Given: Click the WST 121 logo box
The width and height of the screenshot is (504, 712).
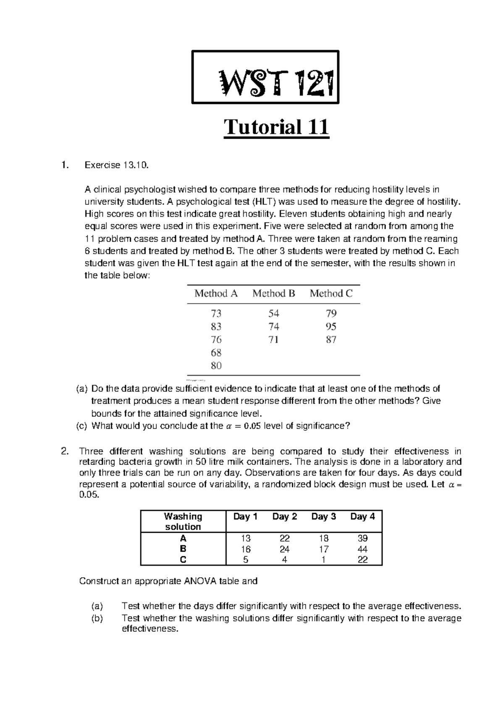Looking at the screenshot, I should tap(265, 77).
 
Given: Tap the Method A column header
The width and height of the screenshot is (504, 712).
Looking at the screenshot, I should tap(216, 293).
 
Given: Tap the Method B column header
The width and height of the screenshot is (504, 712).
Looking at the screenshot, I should tap(273, 293).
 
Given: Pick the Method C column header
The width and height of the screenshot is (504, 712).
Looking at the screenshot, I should tap(331, 293).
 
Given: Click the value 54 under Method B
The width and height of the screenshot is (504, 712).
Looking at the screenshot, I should tap(274, 314).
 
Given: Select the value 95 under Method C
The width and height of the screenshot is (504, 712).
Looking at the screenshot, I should tap(331, 327).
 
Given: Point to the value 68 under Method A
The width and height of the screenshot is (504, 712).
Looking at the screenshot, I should tap(216, 353).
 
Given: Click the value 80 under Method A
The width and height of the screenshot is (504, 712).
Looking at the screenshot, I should tap(216, 366).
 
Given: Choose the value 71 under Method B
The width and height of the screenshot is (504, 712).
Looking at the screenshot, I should tap(273, 340).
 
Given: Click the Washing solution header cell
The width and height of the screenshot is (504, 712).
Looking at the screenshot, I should tap(183, 521).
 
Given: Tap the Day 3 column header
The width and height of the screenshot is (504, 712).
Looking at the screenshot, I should tap(323, 516).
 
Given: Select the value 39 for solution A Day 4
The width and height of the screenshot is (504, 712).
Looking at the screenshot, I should tap(362, 538).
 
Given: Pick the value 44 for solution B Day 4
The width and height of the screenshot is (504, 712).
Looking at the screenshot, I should tap(362, 549).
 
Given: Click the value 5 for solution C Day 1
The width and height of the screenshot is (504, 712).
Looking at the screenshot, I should tap(246, 560).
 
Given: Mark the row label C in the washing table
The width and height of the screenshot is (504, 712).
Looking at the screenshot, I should tap(183, 560).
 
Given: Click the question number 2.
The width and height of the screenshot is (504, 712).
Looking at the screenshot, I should tap(64, 452).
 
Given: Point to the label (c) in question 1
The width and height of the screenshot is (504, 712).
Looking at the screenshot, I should tap(81, 426).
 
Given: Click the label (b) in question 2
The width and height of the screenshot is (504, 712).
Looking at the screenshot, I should tap(97, 618).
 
